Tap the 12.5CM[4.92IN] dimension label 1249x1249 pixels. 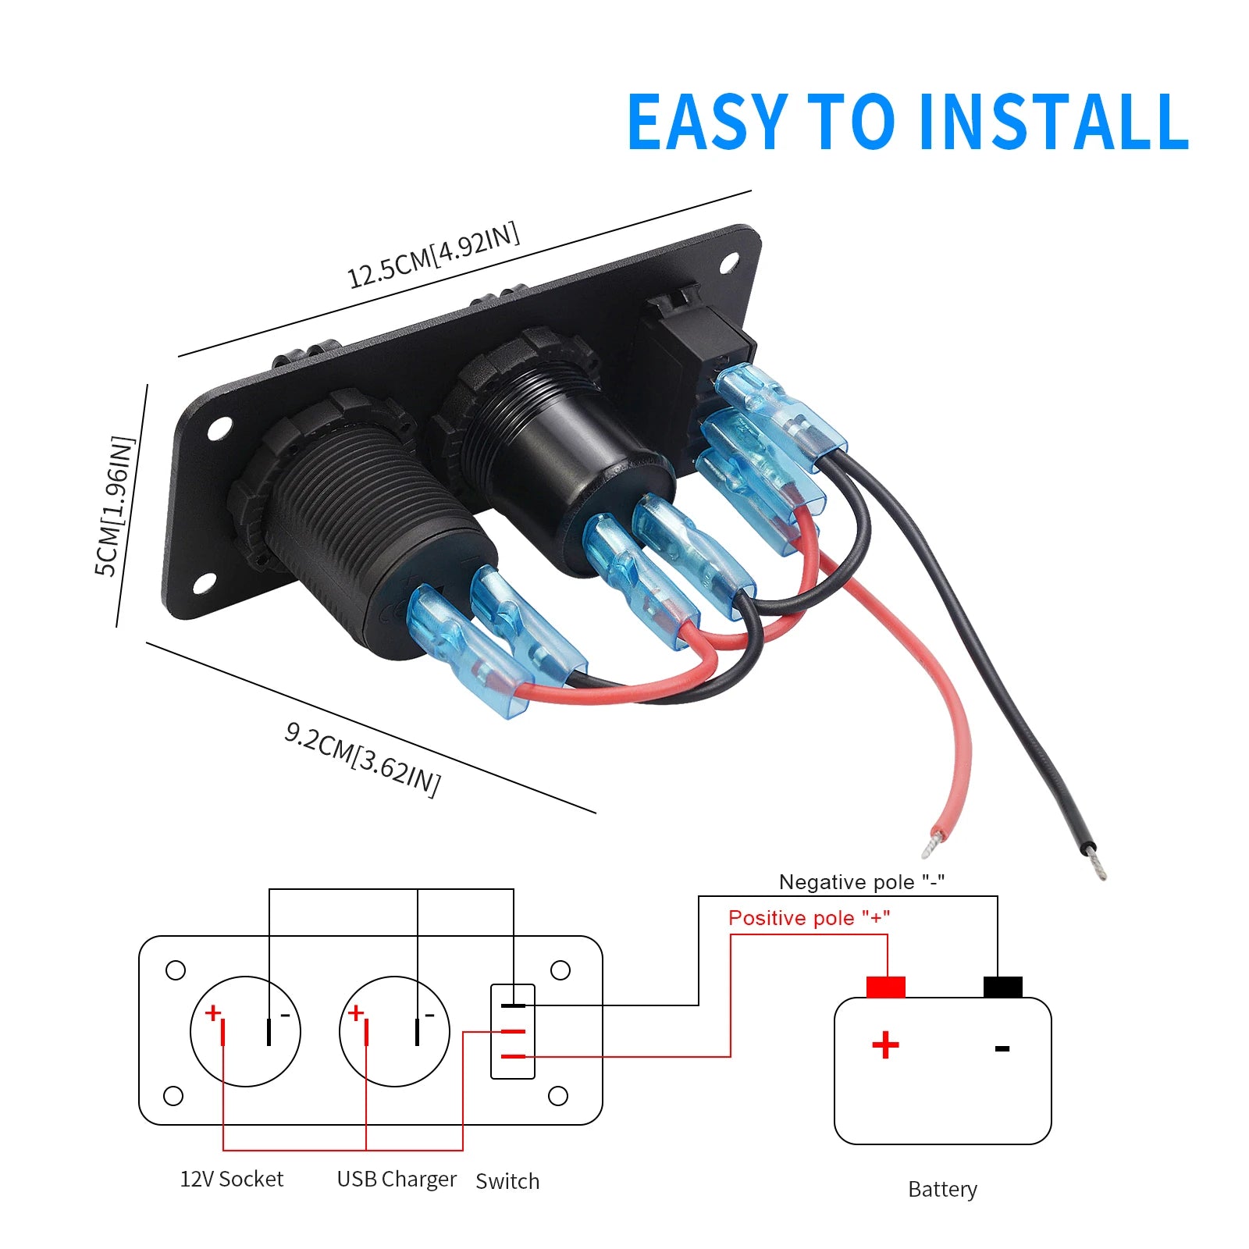pos(433,256)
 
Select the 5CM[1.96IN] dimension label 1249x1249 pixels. pos(114,506)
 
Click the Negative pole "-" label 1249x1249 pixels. pos(862,882)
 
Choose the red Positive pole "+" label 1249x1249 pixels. pos(809,918)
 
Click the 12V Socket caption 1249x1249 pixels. pos(232,1179)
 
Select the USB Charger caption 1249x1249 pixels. pos(397,1180)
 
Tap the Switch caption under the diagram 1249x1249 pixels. pos(507,1181)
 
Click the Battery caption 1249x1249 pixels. pos(942,1190)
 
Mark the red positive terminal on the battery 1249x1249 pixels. pos(886,987)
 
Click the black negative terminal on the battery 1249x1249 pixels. pos(1003,987)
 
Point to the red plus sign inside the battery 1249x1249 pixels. pos(885,1045)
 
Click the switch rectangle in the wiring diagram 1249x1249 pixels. pos(512,1031)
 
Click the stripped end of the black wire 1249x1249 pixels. pos(1098,865)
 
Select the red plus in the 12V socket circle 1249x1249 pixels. pos(212,1012)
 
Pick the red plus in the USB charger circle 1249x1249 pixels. pos(356,1012)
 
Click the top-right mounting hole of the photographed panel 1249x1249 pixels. pos(728,262)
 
